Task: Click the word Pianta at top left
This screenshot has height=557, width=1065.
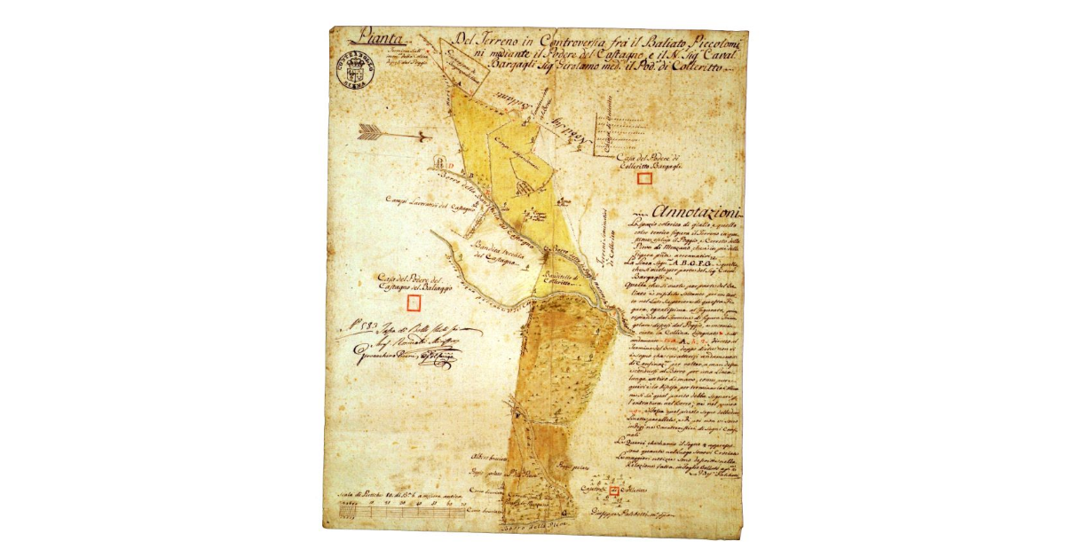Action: pyautogui.click(x=374, y=39)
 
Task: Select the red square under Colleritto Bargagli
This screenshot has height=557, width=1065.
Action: pyautogui.click(x=645, y=177)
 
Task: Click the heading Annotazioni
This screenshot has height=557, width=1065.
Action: pyautogui.click(x=697, y=212)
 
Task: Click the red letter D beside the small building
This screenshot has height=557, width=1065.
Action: pyautogui.click(x=450, y=166)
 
